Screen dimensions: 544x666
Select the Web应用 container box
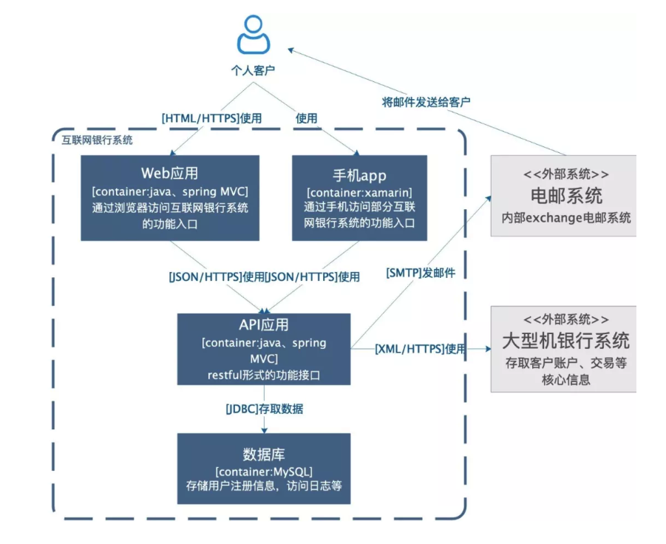(x=170, y=197)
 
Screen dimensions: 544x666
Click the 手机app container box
(x=359, y=197)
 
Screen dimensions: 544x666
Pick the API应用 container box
(x=264, y=349)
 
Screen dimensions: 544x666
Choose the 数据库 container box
(x=264, y=468)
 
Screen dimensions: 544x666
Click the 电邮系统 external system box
(x=563, y=196)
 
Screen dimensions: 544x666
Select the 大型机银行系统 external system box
(x=563, y=348)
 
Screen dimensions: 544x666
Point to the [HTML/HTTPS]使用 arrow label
(x=211, y=118)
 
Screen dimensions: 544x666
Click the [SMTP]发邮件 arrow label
(x=421, y=273)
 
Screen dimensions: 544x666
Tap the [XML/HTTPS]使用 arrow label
(x=420, y=348)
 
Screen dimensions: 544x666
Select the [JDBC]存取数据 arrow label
(x=264, y=409)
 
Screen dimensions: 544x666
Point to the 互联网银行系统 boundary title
(x=97, y=139)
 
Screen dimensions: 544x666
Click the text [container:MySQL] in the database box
(x=264, y=472)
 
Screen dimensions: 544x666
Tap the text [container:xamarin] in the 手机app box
(x=359, y=193)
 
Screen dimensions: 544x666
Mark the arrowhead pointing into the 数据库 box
(x=264, y=428)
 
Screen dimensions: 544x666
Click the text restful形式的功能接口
(x=264, y=375)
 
